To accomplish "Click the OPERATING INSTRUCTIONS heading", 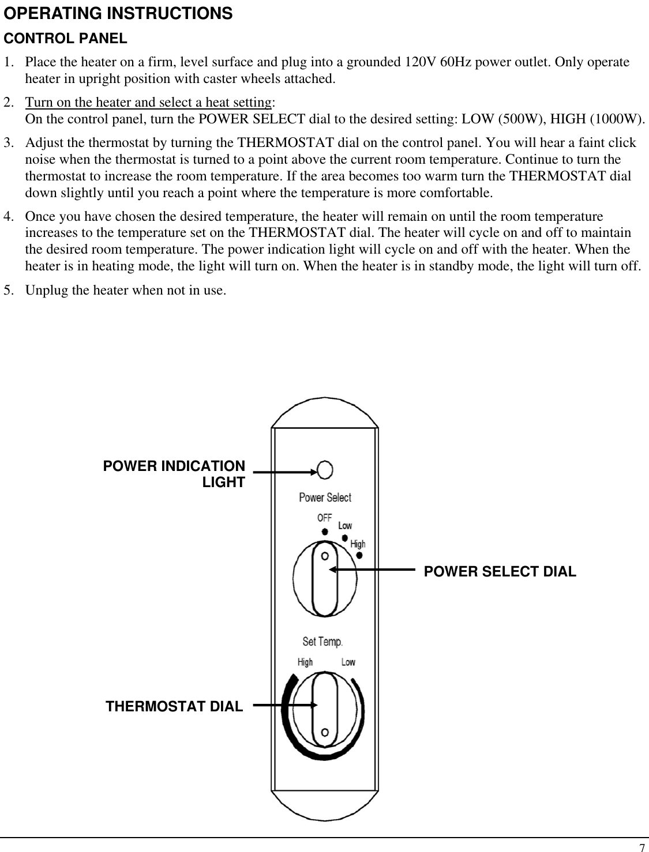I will tap(118, 14).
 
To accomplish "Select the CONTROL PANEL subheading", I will tap(66, 39).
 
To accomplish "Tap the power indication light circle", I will tap(325, 470).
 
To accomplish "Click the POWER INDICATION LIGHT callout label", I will tap(174, 474).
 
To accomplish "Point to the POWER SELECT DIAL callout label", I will tap(500, 571).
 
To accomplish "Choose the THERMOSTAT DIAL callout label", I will tap(174, 706).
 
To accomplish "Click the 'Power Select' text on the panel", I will tap(325, 497).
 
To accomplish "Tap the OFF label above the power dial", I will tap(324, 518).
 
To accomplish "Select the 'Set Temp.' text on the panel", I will tap(322, 641).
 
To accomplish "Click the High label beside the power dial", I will tap(358, 544).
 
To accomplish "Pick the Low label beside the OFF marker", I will tap(345, 526).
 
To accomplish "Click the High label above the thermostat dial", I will tap(305, 662).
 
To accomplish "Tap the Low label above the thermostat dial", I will tap(348, 662).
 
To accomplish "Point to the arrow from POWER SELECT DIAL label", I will tap(372, 570).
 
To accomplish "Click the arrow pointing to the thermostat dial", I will tap(285, 704).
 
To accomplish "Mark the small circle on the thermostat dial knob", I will tap(325, 732).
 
